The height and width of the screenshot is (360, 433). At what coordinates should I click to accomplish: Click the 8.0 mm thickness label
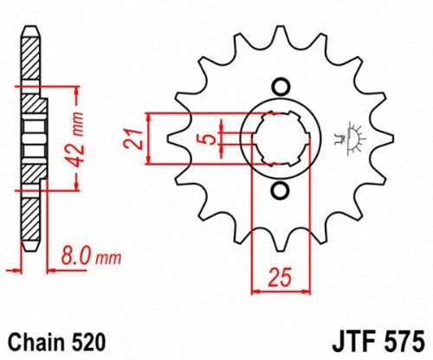click(91, 256)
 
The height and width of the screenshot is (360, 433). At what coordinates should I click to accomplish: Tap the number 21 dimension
click(133, 138)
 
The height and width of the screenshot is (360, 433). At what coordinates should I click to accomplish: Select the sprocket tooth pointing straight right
click(386, 138)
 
